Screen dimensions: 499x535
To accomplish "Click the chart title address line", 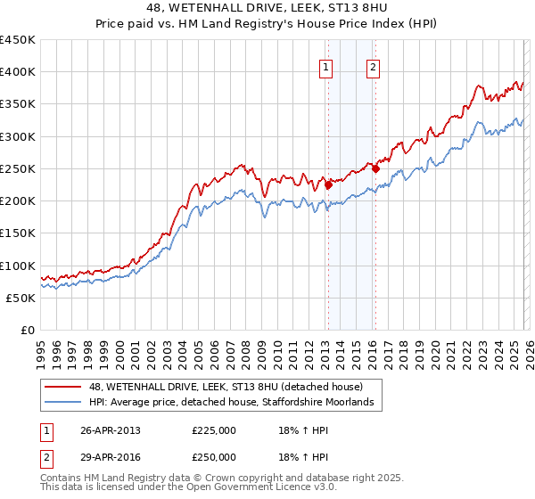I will click(x=267, y=8).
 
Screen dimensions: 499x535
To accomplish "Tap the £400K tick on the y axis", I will click(x=18, y=72).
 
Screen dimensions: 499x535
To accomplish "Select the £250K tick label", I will click(x=18, y=168).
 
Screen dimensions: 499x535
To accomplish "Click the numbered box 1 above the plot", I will click(x=326, y=66).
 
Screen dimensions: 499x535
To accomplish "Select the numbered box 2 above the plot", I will click(x=373, y=66).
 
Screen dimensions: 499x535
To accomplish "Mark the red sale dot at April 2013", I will click(x=328, y=185).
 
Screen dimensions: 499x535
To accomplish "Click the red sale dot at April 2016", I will click(x=375, y=168).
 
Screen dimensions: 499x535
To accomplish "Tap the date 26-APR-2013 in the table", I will click(x=111, y=429).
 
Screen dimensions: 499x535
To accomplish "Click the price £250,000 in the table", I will click(x=214, y=456).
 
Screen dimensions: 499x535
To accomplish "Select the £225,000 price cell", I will click(x=214, y=429).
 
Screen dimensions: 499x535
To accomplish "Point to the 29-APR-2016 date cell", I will click(x=111, y=456).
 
